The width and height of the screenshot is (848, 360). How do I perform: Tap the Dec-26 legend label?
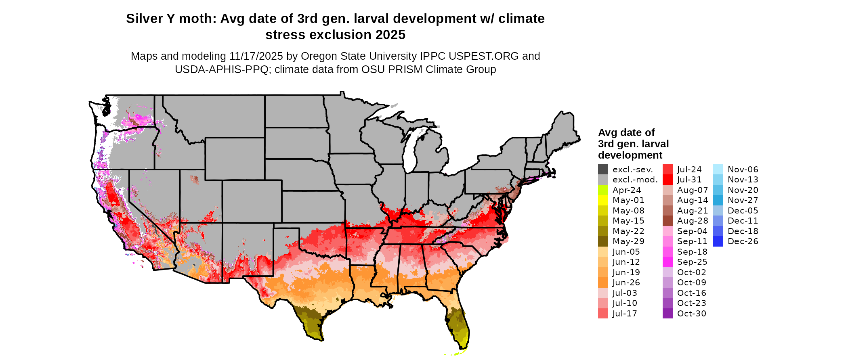[x=743, y=241]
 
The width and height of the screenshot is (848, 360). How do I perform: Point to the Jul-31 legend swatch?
[x=667, y=180]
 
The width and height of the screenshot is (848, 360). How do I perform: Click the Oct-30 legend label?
[x=691, y=314]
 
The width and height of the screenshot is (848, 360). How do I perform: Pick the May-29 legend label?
[x=628, y=241]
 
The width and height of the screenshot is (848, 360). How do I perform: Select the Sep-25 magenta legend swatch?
[x=667, y=262]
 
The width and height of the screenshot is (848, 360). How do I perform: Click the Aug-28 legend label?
[x=692, y=221]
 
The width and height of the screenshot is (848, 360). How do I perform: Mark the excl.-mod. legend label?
[x=635, y=180]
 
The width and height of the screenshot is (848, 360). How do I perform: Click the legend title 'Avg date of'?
[x=626, y=132]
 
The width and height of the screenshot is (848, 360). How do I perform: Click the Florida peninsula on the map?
[x=458, y=323]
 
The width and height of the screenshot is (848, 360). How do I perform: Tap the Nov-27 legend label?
[x=743, y=200]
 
